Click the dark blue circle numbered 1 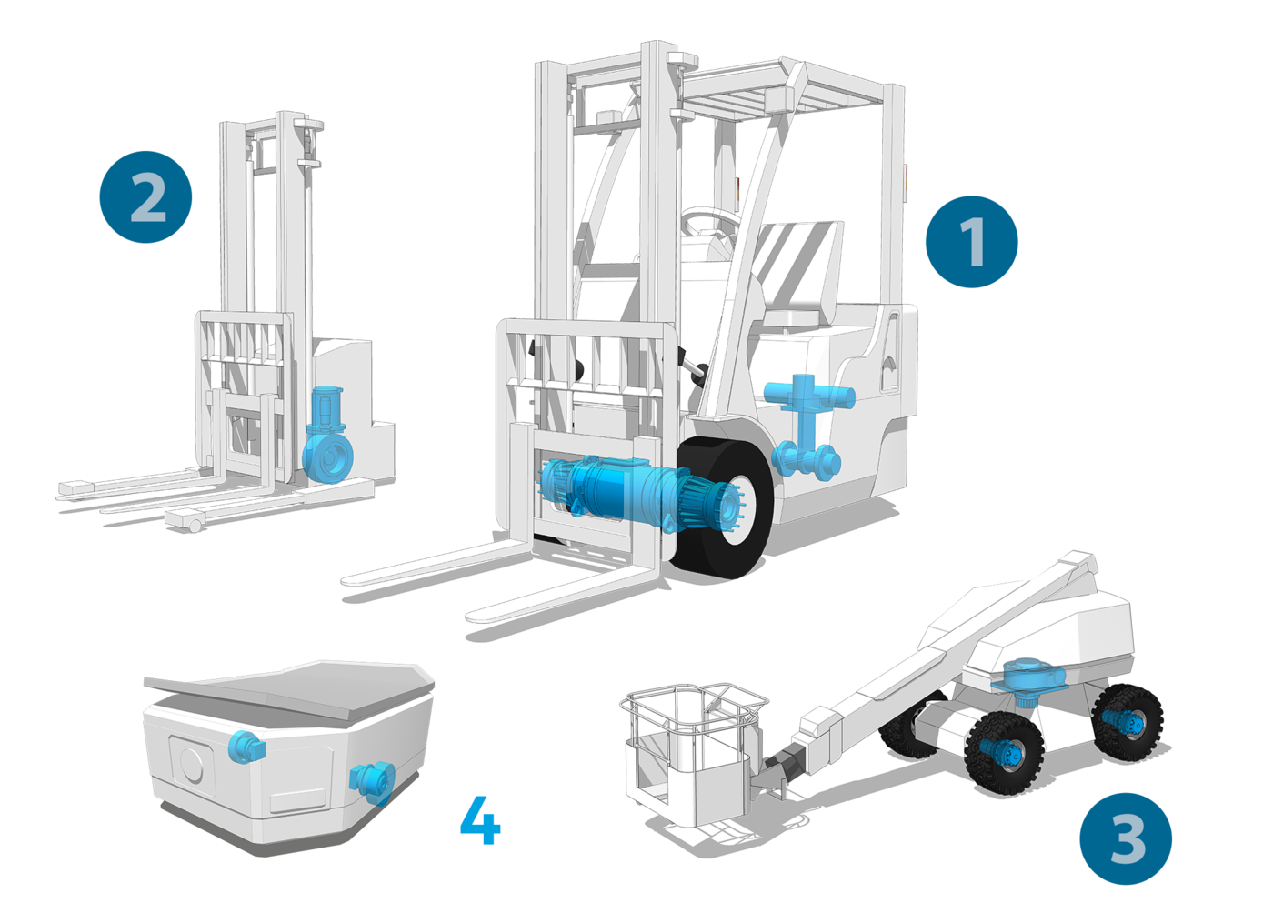(971, 242)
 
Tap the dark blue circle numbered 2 (145, 196)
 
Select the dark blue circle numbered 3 (1126, 838)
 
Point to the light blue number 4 (480, 819)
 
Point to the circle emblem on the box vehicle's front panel (191, 765)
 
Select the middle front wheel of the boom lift (1004, 753)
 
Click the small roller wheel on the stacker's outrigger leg (195, 526)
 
